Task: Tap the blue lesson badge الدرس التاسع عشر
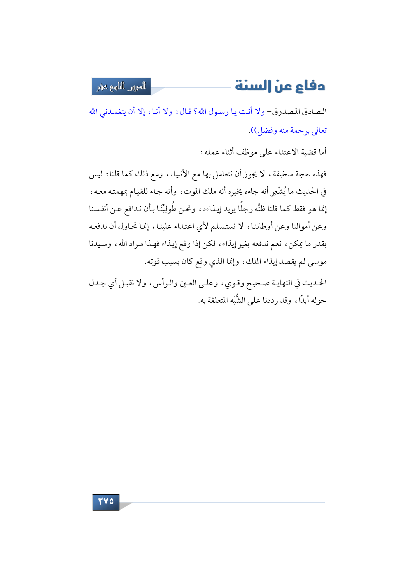pos(121,87)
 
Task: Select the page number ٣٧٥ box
pos(106,502)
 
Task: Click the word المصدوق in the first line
pos(288,112)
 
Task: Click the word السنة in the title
pos(249,86)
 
